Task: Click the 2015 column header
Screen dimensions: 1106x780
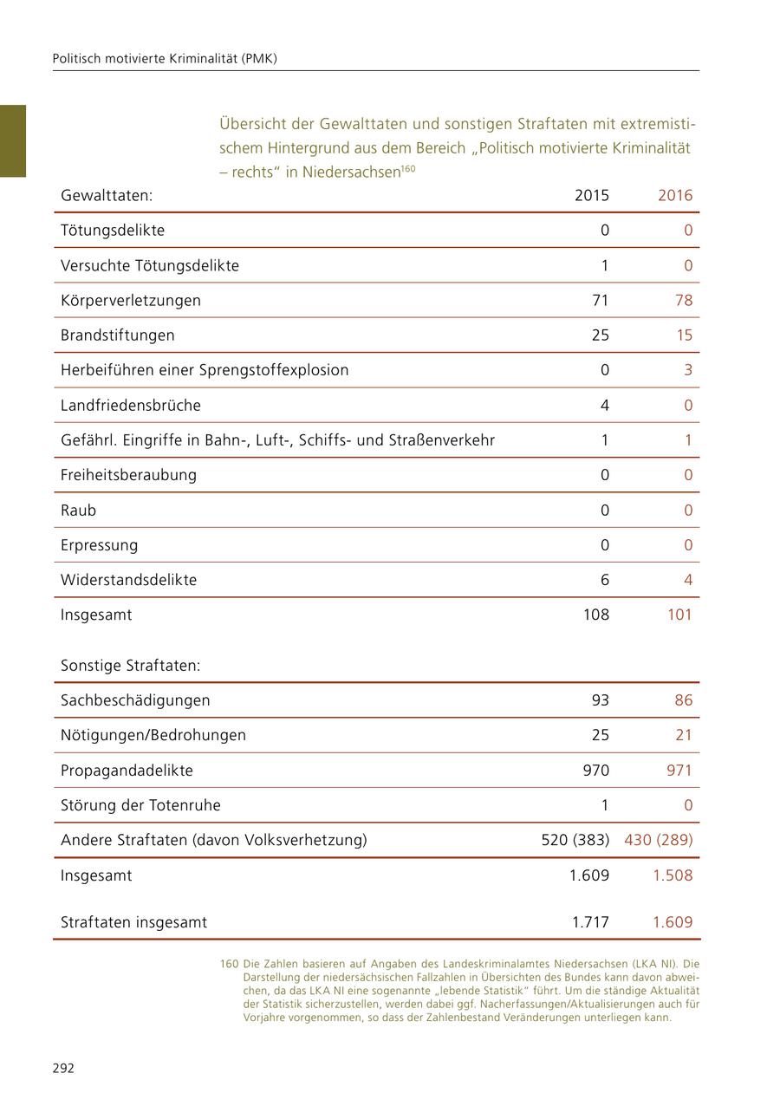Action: click(591, 195)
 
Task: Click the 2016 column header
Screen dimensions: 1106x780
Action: click(674, 195)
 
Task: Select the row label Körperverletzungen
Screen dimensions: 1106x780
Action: click(130, 301)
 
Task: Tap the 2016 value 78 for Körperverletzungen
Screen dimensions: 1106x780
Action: click(683, 301)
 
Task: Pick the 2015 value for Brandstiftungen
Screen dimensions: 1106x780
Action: click(600, 335)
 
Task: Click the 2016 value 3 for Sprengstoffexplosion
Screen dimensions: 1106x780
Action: click(688, 370)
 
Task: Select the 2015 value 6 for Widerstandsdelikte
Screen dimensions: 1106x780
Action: click(604, 580)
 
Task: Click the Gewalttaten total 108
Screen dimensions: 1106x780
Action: click(595, 615)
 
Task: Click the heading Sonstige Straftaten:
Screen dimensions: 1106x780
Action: click(130, 666)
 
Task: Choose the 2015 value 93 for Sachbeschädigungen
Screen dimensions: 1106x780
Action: click(600, 700)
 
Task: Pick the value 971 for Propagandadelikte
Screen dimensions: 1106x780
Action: click(679, 771)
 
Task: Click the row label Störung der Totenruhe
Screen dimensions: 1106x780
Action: click(140, 805)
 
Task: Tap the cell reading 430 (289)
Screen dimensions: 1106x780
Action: click(658, 840)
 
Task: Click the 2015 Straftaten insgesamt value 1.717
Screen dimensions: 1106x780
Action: click(590, 922)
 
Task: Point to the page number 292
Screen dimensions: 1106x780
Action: click(63, 1068)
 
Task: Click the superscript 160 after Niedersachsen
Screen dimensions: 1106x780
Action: click(408, 169)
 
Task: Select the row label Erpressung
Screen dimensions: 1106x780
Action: click(99, 545)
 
